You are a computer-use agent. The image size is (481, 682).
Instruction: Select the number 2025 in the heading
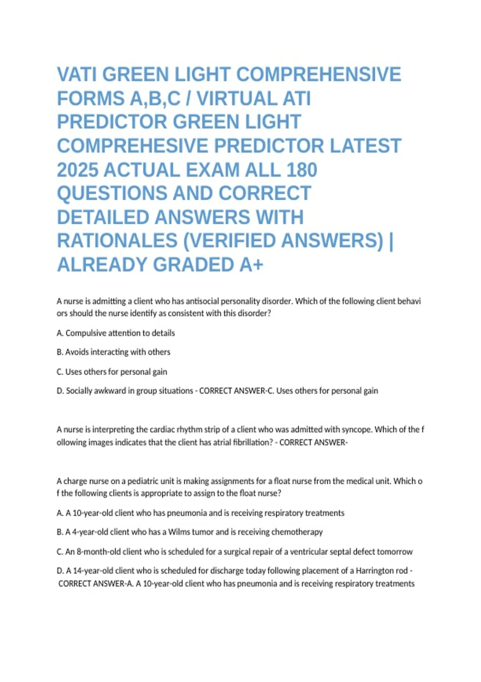77,170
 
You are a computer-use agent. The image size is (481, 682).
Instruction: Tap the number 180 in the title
301,170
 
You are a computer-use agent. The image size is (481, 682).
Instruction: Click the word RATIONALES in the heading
117,241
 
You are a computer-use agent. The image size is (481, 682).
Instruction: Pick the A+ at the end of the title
251,265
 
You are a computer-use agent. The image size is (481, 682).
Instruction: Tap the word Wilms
179,532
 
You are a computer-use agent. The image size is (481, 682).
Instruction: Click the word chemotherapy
297,532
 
